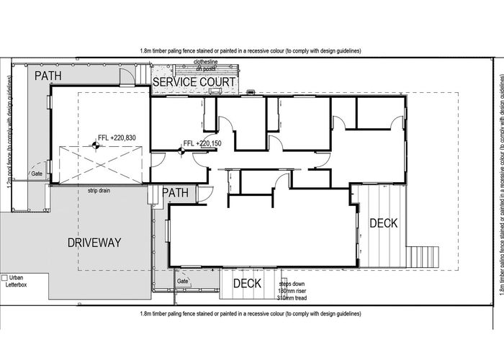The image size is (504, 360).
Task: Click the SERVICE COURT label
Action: pyautogui.click(x=194, y=83)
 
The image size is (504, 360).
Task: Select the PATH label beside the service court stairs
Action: pyautogui.click(x=49, y=75)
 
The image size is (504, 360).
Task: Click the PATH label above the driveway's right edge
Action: pyautogui.click(x=175, y=193)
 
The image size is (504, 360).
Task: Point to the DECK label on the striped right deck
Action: pyautogui.click(x=383, y=223)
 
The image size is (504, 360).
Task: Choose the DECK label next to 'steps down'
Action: pyautogui.click(x=247, y=284)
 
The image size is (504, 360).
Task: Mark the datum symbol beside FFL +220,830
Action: pyautogui.click(x=94, y=145)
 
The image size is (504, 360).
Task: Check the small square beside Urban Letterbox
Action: pyautogui.click(x=4, y=277)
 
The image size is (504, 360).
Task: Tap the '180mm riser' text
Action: pyautogui.click(x=292, y=290)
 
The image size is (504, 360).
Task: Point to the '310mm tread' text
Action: pyautogui.click(x=292, y=297)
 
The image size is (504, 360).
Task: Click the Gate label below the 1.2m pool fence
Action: pyautogui.click(x=35, y=174)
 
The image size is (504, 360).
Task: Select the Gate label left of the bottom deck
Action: pyautogui.click(x=183, y=281)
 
